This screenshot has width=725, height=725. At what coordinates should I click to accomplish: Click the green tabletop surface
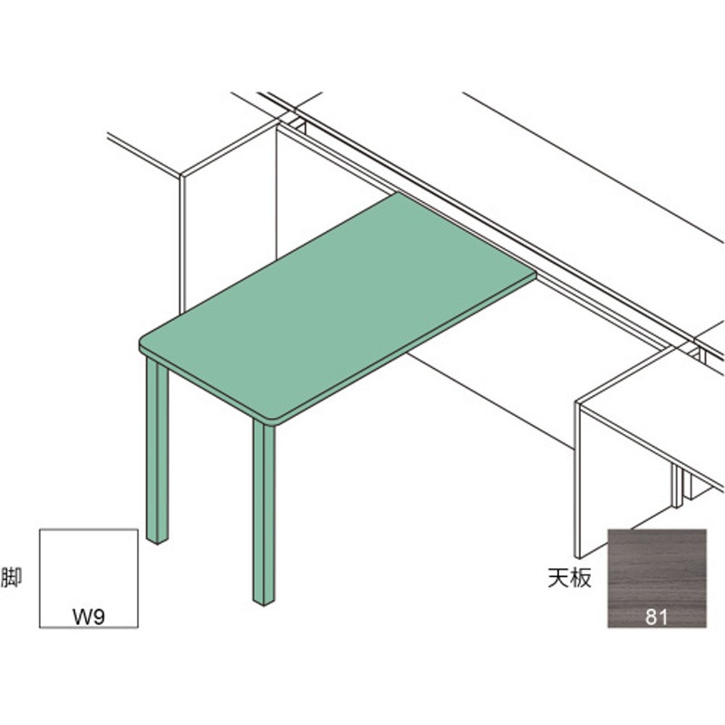pyautogui.click(x=337, y=305)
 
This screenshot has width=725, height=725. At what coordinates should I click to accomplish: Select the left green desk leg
pyautogui.click(x=157, y=450)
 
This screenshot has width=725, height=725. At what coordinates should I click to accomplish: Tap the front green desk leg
pyautogui.click(x=264, y=512)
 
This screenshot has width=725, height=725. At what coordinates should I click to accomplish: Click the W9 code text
pyautogui.click(x=89, y=617)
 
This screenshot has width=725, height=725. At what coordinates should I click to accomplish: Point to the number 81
pyautogui.click(x=656, y=617)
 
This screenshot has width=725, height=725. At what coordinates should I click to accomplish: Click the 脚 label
pyautogui.click(x=12, y=577)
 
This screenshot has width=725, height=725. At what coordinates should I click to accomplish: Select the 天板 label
pyautogui.click(x=570, y=578)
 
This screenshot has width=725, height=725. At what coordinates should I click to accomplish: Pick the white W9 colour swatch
pyautogui.click(x=89, y=578)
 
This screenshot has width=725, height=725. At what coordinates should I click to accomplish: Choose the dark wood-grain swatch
pyautogui.click(x=656, y=578)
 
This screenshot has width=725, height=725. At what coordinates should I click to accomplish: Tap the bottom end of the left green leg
pyautogui.click(x=157, y=542)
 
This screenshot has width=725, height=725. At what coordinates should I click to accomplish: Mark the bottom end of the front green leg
pyautogui.click(x=264, y=603)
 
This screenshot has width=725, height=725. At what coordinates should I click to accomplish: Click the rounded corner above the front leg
pyautogui.click(x=276, y=421)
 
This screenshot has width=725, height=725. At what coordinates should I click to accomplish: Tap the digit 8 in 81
pyautogui.click(x=652, y=617)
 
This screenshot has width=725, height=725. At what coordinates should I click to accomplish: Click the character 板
pyautogui.click(x=581, y=578)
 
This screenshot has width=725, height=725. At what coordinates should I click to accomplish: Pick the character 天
pyautogui.click(x=558, y=578)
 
